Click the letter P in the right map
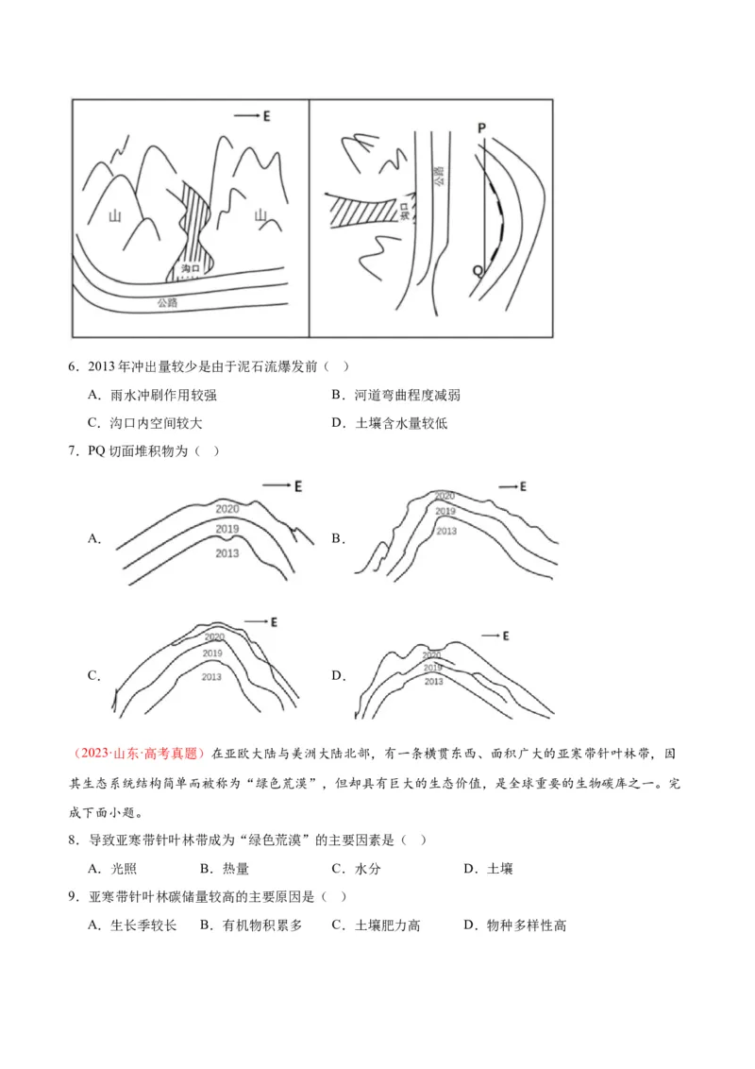click(x=481, y=127)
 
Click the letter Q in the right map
click(x=478, y=270)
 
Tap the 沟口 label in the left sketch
click(x=191, y=269)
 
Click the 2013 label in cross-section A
click(x=226, y=552)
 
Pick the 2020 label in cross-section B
click(x=444, y=496)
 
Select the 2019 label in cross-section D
click(x=432, y=668)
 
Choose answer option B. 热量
click(x=225, y=869)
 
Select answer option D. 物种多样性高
click(x=514, y=925)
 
